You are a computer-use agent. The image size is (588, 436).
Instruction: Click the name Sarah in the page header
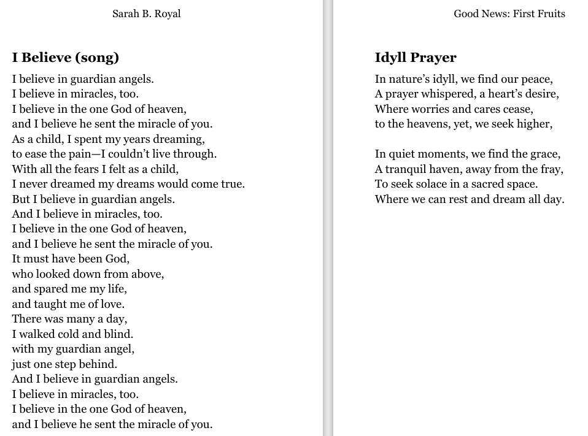(126, 13)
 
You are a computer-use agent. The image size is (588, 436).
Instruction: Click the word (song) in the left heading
(96, 58)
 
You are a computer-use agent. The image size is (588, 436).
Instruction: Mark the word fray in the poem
(551, 169)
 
